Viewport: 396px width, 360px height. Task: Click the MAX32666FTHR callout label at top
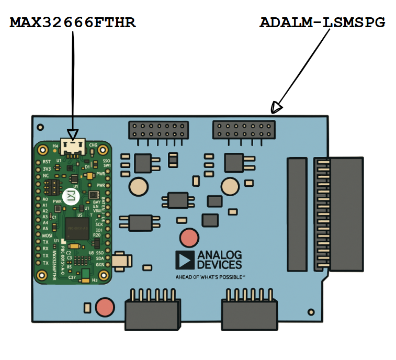(x=73, y=23)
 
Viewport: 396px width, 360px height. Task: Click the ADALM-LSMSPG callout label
(x=322, y=23)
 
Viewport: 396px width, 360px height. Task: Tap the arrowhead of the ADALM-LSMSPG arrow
(x=276, y=108)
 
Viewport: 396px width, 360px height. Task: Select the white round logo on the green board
(x=69, y=195)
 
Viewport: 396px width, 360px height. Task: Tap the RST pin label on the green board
(x=47, y=162)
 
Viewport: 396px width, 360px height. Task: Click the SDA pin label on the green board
(x=99, y=258)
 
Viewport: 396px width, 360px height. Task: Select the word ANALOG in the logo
(x=219, y=255)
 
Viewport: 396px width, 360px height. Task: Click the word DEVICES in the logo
(x=219, y=265)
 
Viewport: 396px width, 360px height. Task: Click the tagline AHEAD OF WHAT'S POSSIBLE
(x=210, y=277)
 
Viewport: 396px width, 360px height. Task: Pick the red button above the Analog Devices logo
(x=189, y=238)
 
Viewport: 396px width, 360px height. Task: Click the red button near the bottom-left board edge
(x=105, y=307)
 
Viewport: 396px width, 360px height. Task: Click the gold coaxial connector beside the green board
(x=123, y=260)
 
